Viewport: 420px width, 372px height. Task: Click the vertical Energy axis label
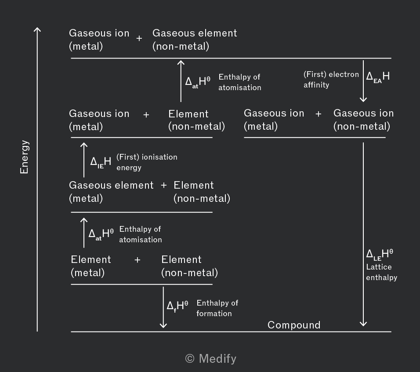25,157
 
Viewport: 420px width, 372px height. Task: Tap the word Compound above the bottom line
294,325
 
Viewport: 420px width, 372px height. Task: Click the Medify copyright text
211,359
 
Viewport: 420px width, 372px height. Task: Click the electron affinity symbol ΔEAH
378,76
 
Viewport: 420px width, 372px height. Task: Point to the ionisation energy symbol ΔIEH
101,162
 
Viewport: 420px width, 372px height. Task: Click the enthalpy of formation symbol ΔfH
177,306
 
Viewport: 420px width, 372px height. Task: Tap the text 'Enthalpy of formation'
217,308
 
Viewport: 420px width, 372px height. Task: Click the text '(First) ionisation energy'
147,162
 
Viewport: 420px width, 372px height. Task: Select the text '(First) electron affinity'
331,80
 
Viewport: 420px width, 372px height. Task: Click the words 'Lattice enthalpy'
381,272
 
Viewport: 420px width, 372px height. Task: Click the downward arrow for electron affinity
363,81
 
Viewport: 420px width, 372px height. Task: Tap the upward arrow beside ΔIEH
84,160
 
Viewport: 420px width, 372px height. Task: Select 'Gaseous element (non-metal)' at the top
194,40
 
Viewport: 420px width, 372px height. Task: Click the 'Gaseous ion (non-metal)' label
363,120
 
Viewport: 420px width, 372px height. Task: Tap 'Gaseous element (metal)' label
111,191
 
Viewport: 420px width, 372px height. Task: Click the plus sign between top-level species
139,39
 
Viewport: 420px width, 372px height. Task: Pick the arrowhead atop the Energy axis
37,30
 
